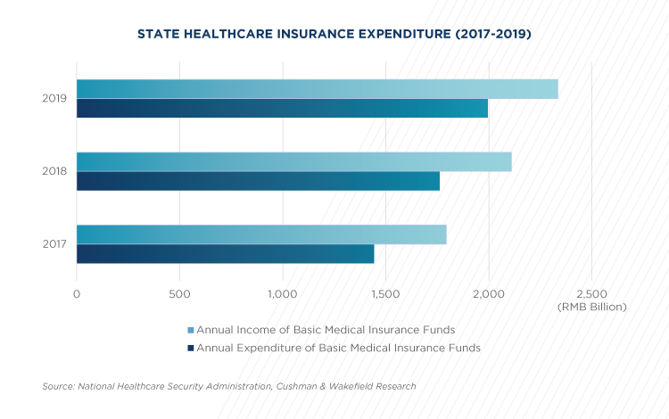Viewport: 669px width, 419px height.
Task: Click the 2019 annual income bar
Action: (318, 89)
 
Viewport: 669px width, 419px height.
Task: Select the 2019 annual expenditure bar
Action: (283, 108)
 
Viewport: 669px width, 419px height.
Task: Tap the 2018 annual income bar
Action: (294, 162)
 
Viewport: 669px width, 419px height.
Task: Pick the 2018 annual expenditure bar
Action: (258, 181)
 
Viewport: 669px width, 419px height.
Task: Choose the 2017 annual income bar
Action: (261, 234)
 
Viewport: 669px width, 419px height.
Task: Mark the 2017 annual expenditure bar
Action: (226, 254)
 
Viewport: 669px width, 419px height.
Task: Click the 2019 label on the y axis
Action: (54, 98)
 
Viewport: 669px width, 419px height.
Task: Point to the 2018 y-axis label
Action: (54, 171)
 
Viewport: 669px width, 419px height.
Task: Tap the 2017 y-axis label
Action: (54, 244)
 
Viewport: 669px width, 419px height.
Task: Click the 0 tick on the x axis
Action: (77, 294)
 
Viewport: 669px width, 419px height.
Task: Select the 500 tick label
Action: (179, 294)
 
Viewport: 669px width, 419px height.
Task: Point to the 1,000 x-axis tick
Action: (283, 294)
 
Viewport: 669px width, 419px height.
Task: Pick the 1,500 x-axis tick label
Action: (385, 294)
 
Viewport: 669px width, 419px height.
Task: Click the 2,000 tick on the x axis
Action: (489, 294)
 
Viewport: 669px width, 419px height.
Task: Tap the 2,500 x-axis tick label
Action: (591, 294)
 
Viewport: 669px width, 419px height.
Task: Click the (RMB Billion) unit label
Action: (591, 307)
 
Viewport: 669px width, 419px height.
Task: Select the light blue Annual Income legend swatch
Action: (191, 331)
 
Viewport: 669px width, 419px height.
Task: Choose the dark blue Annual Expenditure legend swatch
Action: (191, 349)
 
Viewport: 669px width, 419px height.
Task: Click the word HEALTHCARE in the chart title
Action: (228, 34)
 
